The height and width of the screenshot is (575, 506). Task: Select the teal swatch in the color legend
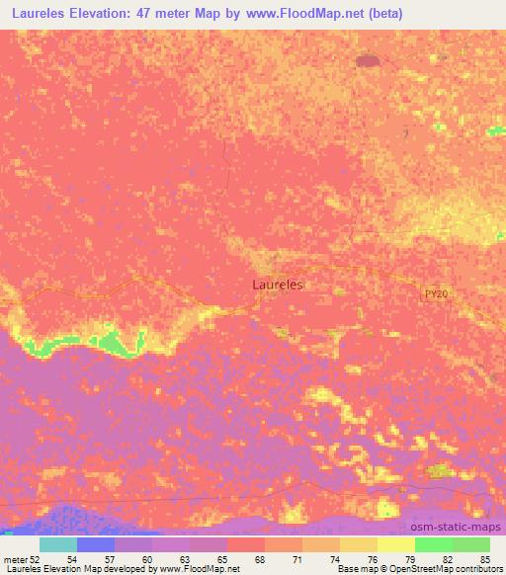[58, 544]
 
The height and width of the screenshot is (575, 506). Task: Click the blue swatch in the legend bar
[96, 544]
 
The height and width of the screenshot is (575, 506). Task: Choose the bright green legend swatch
[434, 544]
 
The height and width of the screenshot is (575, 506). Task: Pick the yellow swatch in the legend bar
[396, 544]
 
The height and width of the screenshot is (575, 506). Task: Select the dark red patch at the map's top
[370, 62]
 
